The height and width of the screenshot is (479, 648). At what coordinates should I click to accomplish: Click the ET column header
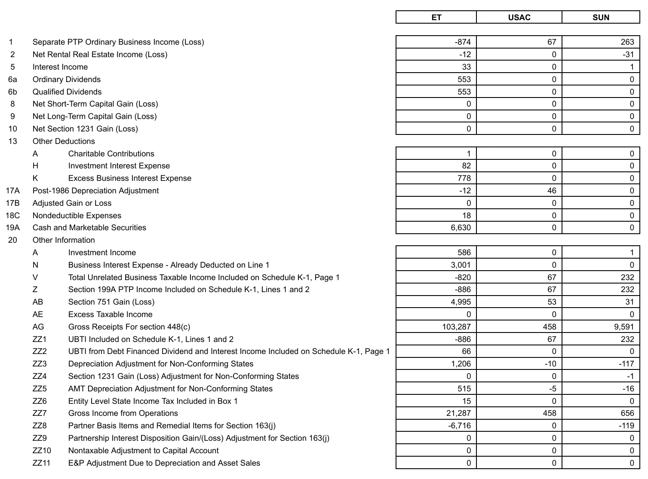click(x=436, y=18)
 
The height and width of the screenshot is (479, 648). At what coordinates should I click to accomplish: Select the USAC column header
click(x=519, y=18)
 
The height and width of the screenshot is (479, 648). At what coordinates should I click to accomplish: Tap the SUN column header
click(x=601, y=18)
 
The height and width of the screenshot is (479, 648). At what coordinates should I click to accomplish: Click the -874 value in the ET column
click(x=463, y=42)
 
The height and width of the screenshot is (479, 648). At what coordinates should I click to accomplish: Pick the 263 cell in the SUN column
click(x=627, y=42)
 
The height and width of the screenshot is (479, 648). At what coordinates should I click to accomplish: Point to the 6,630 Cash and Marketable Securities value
click(x=461, y=228)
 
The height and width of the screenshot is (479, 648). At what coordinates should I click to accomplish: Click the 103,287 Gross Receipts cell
click(x=456, y=327)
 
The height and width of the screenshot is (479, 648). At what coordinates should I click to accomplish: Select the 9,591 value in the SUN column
click(x=623, y=327)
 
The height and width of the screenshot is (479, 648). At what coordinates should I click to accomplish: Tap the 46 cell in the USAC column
click(x=552, y=191)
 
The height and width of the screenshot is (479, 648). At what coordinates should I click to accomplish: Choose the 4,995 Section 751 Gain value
click(x=461, y=302)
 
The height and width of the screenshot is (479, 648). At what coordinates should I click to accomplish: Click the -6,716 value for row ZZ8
click(x=459, y=426)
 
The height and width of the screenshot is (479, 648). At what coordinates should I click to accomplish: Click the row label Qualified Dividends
click(x=67, y=92)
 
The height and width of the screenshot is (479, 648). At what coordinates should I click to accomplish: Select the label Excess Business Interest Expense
click(x=129, y=178)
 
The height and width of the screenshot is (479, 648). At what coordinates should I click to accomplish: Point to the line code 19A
click(x=12, y=228)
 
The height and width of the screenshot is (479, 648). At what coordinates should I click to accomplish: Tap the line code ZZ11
click(x=41, y=463)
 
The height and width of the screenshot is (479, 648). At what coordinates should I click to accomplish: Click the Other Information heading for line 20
click(x=64, y=240)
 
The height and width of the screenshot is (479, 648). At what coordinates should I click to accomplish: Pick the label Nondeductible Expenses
click(x=77, y=216)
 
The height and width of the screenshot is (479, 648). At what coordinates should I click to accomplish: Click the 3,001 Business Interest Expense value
click(x=461, y=265)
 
